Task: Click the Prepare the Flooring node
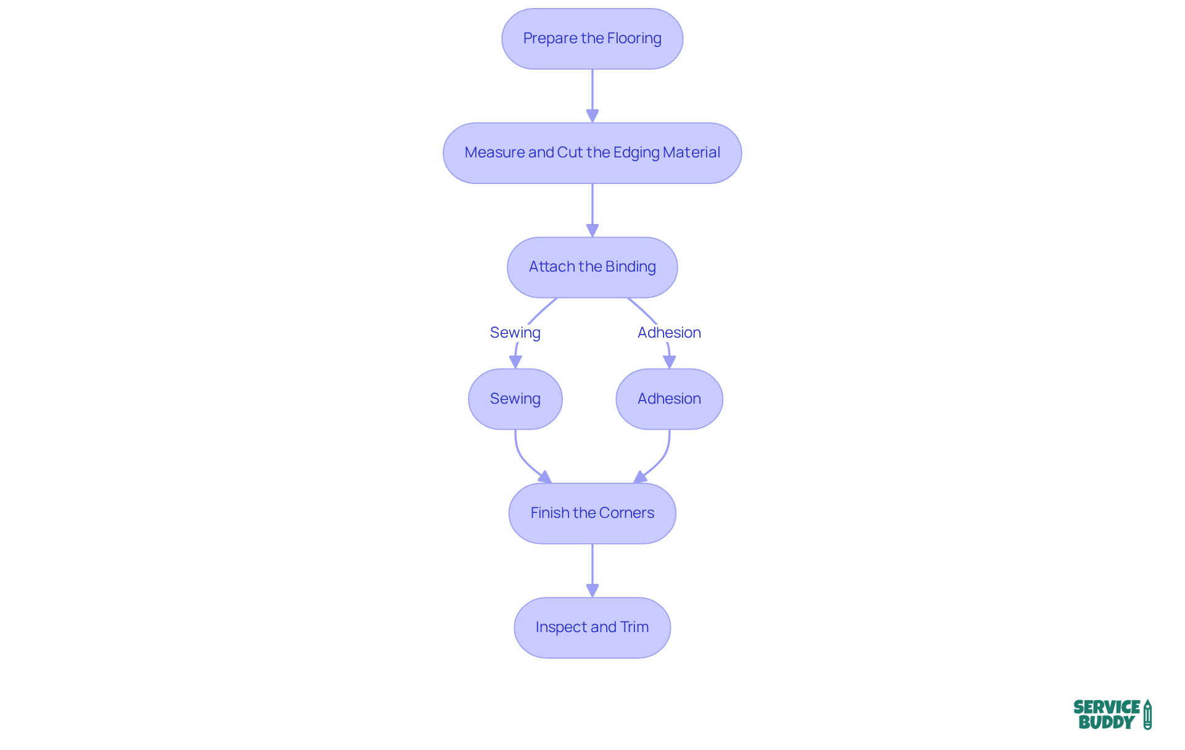592,39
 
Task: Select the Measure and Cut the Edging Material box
592,153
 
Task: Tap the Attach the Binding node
592,267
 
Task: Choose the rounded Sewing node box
515,399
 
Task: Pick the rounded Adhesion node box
669,399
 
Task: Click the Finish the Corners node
592,514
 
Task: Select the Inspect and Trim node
592,628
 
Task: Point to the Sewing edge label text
515,333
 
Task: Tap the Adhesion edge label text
669,333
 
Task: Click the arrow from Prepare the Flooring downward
592,93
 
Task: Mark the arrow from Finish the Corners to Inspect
592,568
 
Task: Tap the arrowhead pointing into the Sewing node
515,362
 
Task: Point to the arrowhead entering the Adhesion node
670,362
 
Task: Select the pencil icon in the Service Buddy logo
1147,714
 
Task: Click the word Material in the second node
692,152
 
